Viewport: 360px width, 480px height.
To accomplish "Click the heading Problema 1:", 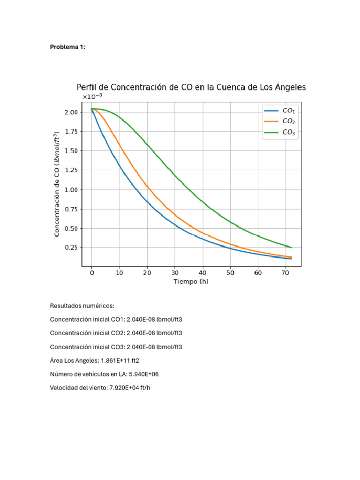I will coord(67,47).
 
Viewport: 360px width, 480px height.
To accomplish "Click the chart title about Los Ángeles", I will coord(191,87).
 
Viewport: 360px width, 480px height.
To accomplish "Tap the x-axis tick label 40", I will coord(202,273).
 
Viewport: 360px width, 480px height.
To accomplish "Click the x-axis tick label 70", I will coord(286,273).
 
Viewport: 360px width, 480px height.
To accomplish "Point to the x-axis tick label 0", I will coord(91,273).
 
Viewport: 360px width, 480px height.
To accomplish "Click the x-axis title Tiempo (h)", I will coord(191,282).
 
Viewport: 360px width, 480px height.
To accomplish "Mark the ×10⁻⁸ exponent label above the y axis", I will coord(92,97).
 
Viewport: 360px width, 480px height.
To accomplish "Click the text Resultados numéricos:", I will coord(82,306).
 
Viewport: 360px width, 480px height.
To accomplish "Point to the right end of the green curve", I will coord(291,247).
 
